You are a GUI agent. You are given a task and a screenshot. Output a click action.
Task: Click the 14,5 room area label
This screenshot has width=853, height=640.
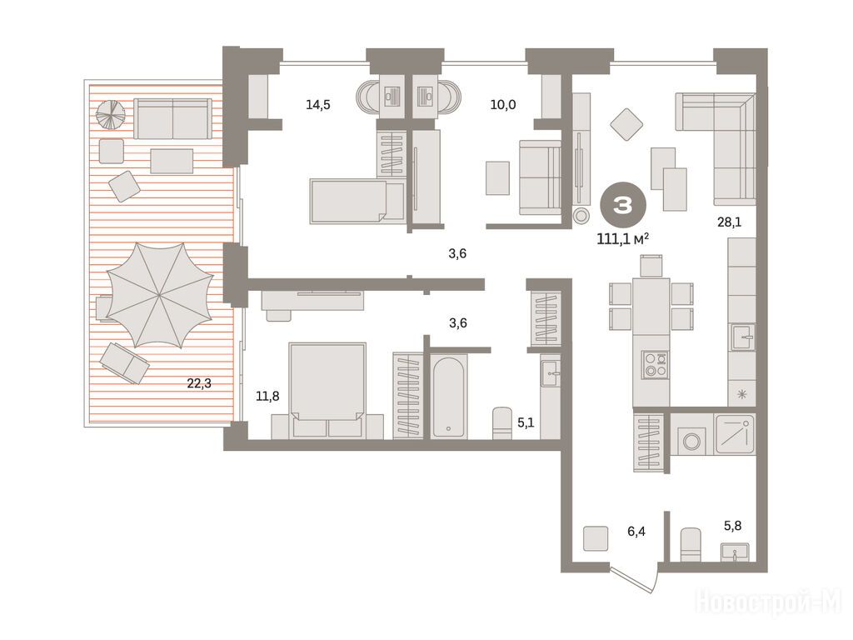coord(317,104)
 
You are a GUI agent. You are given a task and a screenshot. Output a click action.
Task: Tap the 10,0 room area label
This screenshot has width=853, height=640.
coord(502,104)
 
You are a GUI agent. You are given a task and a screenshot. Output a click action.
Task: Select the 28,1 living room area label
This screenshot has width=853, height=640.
coord(729,222)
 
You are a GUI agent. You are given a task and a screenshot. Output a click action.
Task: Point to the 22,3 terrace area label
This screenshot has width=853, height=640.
coord(199,383)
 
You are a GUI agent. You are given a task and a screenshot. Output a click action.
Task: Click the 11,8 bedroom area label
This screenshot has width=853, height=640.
coord(267,396)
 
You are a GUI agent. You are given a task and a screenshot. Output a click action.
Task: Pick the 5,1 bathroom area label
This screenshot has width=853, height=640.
coord(526,422)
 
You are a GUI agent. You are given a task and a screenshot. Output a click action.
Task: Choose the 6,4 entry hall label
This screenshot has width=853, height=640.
coord(636,531)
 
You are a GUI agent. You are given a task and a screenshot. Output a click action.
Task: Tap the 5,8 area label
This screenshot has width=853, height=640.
coord(732,526)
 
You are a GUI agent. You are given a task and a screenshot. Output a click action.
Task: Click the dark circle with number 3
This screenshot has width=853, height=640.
coord(623,205)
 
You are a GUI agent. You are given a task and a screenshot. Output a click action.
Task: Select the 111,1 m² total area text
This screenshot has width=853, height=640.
coord(622,239)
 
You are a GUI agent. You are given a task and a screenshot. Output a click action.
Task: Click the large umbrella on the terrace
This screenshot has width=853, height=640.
coord(159,295)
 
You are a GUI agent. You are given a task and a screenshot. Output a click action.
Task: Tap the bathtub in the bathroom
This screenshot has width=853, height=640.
coord(449,396)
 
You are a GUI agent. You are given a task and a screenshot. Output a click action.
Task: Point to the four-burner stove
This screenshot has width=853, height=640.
coord(655,365)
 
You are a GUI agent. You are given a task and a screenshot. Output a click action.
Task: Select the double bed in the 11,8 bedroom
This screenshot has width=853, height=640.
coord(327,390)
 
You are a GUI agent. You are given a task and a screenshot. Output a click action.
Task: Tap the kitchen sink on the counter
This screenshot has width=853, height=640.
coord(743,337)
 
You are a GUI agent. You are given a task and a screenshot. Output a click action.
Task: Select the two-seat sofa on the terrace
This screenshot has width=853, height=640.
coord(172,118)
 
